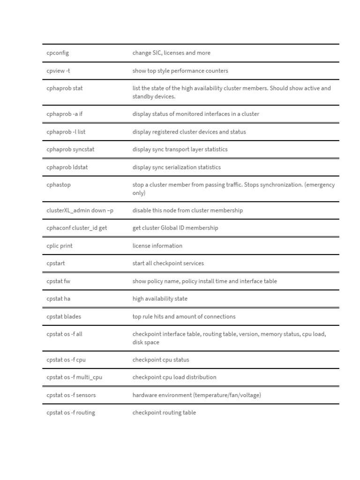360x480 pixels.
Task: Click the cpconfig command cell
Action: [x=58, y=53]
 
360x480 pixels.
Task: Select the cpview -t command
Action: [x=59, y=71]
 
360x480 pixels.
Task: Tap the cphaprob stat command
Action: [x=65, y=88]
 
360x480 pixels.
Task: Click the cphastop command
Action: [x=59, y=185]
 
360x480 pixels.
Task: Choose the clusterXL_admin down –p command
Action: [x=80, y=210]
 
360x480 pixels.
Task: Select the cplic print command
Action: [x=60, y=246]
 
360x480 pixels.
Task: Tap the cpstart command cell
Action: [x=56, y=263]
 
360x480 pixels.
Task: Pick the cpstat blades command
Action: [x=64, y=316]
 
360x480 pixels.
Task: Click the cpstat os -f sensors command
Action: [x=71, y=395]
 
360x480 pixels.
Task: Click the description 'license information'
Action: [x=157, y=246]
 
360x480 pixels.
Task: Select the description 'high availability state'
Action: [x=160, y=299]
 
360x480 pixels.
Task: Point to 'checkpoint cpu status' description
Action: [x=161, y=360]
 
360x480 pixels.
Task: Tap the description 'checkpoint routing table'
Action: [x=164, y=412]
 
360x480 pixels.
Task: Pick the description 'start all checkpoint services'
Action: [x=168, y=263]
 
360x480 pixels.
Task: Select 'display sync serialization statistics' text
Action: [x=176, y=167]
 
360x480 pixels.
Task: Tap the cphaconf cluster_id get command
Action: [x=73, y=228]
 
